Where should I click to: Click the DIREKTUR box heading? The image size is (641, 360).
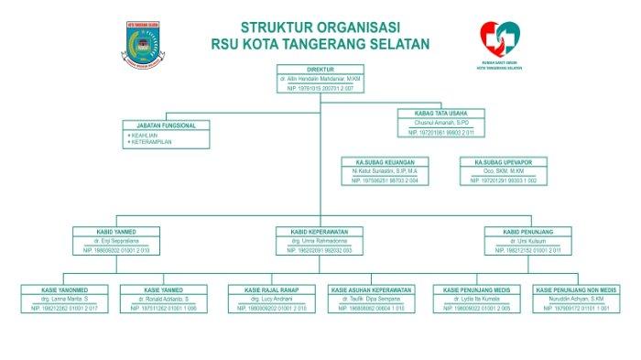(x=320, y=69)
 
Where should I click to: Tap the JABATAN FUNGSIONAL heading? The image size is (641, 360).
(x=166, y=125)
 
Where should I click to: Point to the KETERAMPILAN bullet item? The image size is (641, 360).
(x=152, y=142)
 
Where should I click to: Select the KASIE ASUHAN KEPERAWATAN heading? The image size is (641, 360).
(x=371, y=289)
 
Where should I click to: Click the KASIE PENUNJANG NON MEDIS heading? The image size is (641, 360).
(x=576, y=289)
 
